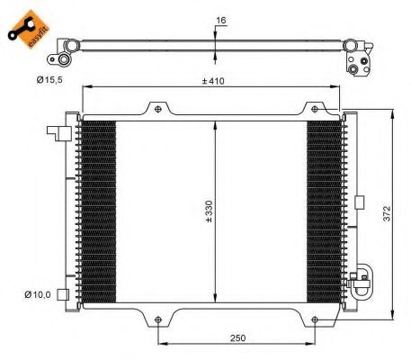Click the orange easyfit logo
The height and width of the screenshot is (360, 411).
[29, 29]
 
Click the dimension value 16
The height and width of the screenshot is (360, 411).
[221, 21]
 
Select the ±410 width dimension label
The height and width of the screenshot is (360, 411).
[213, 81]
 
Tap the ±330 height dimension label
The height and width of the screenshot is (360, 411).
[209, 211]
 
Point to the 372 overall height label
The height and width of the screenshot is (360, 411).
[387, 213]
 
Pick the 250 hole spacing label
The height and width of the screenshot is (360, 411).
[237, 338]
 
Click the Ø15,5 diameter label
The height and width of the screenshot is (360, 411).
[49, 80]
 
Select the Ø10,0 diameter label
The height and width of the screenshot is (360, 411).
[38, 294]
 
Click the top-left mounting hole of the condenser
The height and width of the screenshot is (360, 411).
[158, 109]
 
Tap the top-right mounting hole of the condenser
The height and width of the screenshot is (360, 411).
[315, 109]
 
